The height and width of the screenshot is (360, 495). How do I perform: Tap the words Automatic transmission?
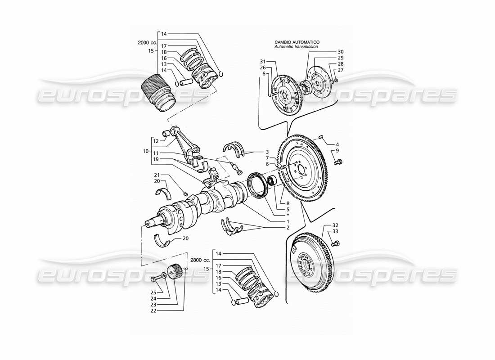point(297,46)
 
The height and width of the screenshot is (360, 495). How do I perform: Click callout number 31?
point(263,61)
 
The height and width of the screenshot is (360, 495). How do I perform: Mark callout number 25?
point(153,293)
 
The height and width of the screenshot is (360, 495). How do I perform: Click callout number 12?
point(156,141)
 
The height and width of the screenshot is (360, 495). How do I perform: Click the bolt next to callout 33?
point(335,244)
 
